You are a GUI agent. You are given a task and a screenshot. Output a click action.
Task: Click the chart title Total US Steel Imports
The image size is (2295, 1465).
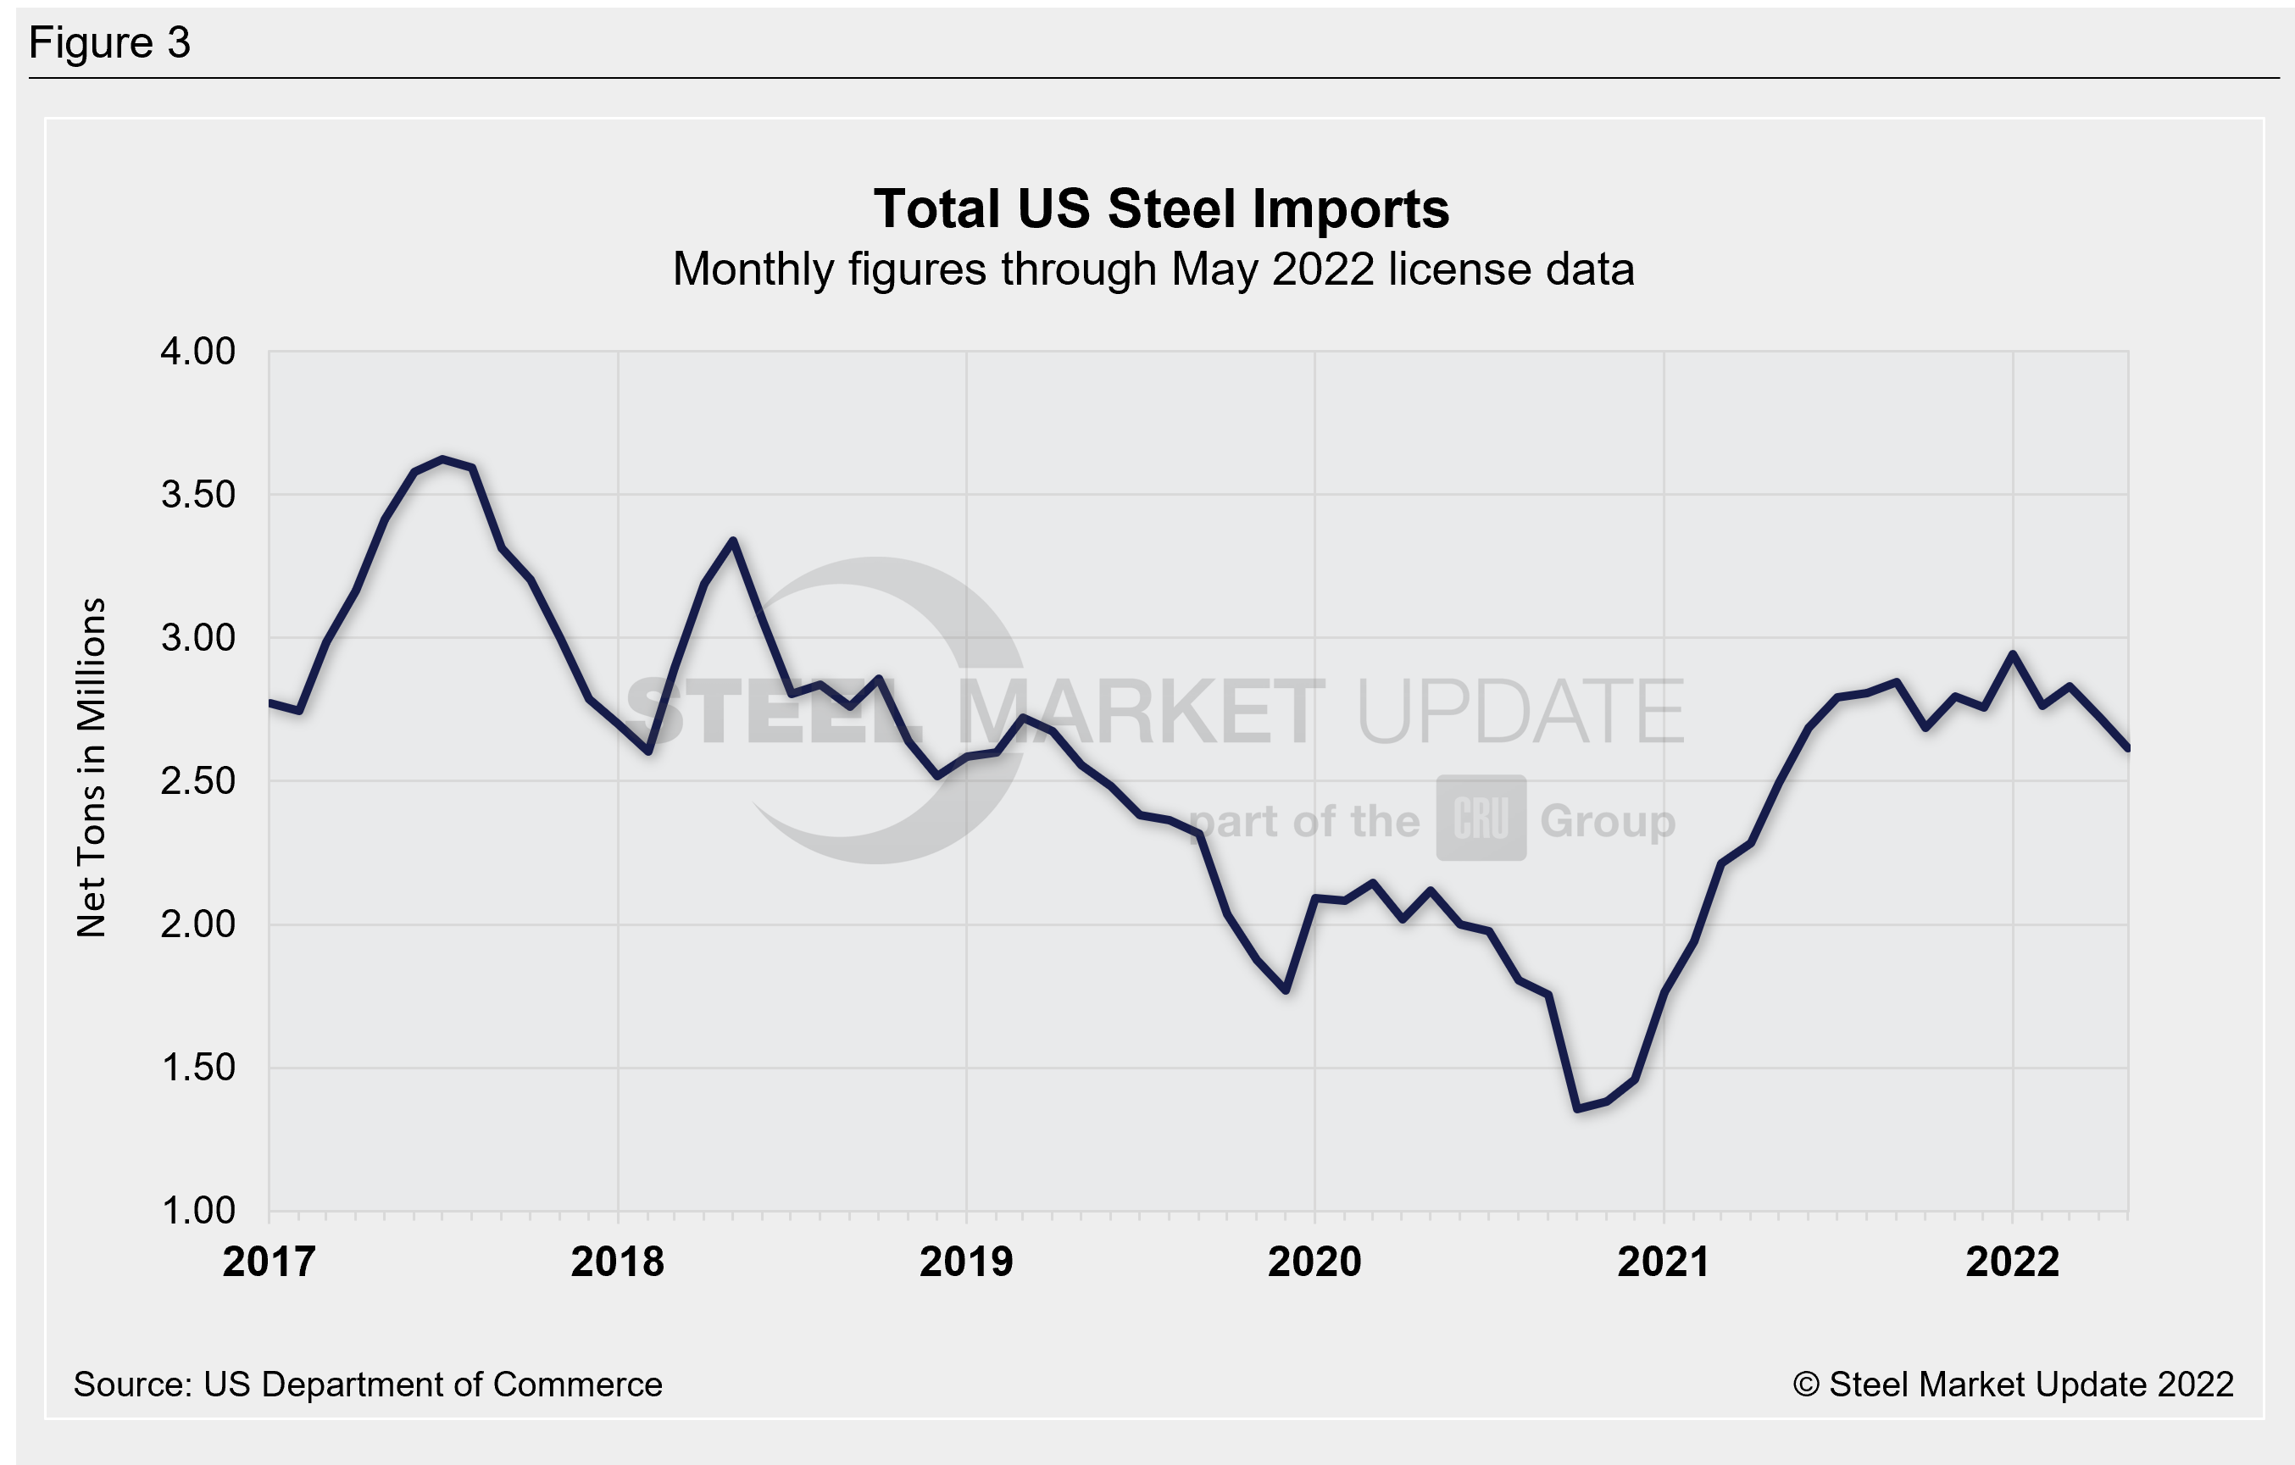1161,208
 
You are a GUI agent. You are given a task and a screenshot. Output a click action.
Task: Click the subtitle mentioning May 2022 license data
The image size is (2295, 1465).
1153,269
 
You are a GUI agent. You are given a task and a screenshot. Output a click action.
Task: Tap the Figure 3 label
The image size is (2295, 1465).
109,43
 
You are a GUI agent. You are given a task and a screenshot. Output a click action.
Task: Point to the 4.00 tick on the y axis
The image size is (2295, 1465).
197,352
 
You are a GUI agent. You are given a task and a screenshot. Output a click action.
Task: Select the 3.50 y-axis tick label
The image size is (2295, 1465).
197,495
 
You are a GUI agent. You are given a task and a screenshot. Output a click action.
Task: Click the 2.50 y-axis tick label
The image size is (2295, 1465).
197,781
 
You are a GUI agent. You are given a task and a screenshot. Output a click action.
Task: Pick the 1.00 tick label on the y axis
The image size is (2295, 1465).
197,1211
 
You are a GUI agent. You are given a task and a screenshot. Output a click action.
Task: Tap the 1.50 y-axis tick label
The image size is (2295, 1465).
197,1068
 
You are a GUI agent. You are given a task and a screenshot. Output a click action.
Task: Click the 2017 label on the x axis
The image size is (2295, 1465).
269,1262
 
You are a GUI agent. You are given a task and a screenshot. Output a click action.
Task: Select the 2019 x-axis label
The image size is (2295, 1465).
965,1262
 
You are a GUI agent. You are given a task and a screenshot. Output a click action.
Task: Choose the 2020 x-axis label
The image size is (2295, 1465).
1314,1262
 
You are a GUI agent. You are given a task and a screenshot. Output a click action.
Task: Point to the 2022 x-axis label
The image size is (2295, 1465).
2012,1262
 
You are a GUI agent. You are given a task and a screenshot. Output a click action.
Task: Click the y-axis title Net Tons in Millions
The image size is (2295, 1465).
92,769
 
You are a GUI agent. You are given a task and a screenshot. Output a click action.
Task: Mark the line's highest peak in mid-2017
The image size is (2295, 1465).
443,459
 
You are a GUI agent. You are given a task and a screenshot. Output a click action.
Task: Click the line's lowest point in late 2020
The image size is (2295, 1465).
1577,1108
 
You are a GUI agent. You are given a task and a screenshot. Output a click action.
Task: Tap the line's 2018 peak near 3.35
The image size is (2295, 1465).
732,541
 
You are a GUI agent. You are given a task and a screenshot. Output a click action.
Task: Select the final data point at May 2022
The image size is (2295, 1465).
2127,748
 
